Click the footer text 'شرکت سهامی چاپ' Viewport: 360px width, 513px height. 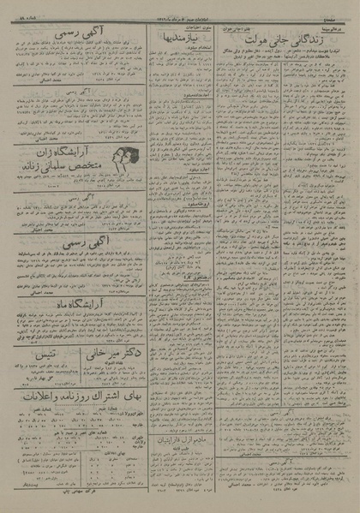coord(74,495)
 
